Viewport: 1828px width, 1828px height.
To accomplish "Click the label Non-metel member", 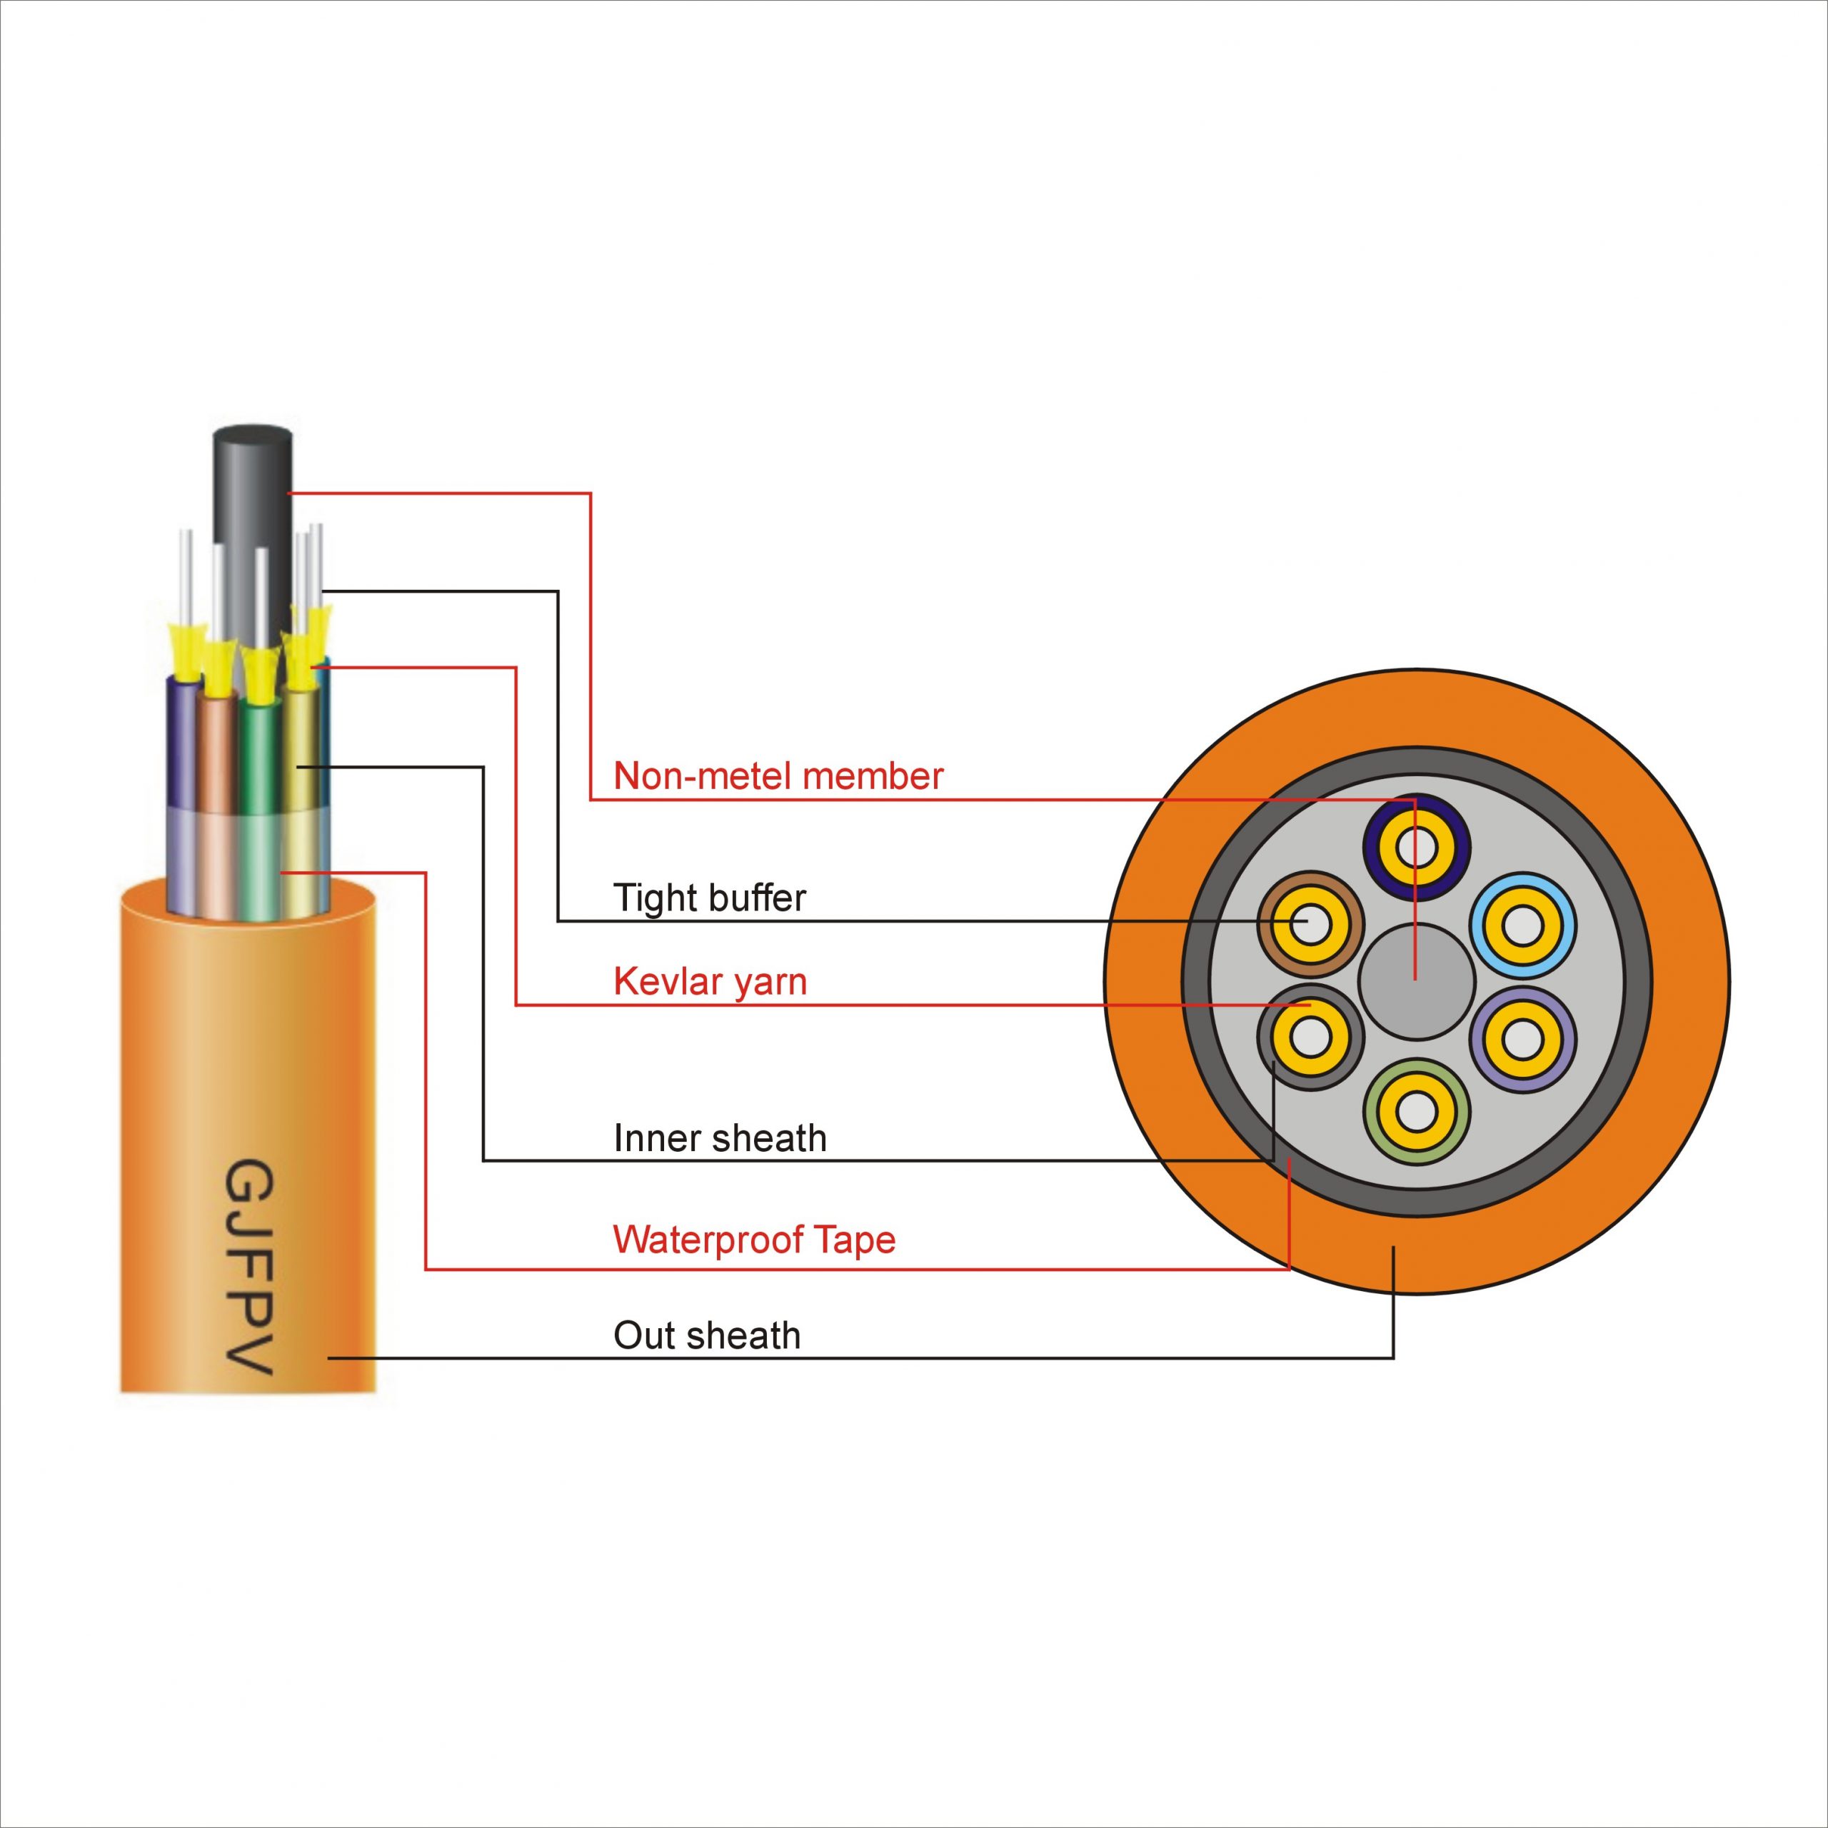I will (x=778, y=777).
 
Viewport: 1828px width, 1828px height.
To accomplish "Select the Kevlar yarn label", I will (x=710, y=982).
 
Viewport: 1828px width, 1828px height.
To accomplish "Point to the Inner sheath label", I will (x=719, y=1138).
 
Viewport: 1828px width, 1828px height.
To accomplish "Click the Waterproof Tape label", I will (x=754, y=1240).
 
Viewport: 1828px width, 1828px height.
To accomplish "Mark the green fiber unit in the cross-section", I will (x=1417, y=1112).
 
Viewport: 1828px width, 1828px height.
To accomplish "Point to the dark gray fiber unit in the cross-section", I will (x=1310, y=1038).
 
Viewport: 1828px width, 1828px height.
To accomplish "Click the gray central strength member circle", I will (x=1417, y=982).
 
